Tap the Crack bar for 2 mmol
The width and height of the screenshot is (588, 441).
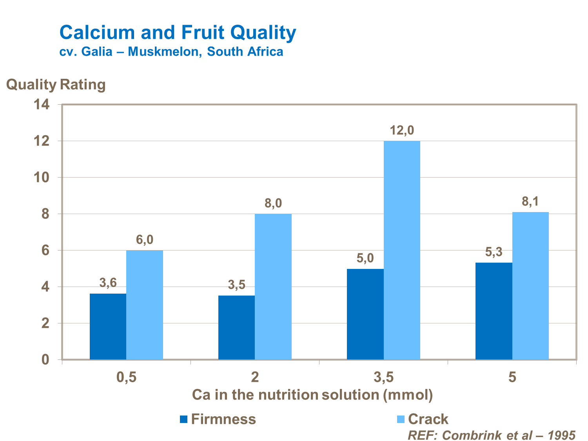273,287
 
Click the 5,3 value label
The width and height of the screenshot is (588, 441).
494,252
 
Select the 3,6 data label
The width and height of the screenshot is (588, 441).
108,283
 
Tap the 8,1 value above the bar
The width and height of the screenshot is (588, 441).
530,202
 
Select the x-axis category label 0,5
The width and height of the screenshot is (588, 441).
126,377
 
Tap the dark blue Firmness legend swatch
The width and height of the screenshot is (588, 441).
184,419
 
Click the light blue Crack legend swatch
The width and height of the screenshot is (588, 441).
401,419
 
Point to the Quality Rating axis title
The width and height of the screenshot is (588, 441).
56,85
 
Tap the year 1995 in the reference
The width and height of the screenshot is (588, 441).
561,435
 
